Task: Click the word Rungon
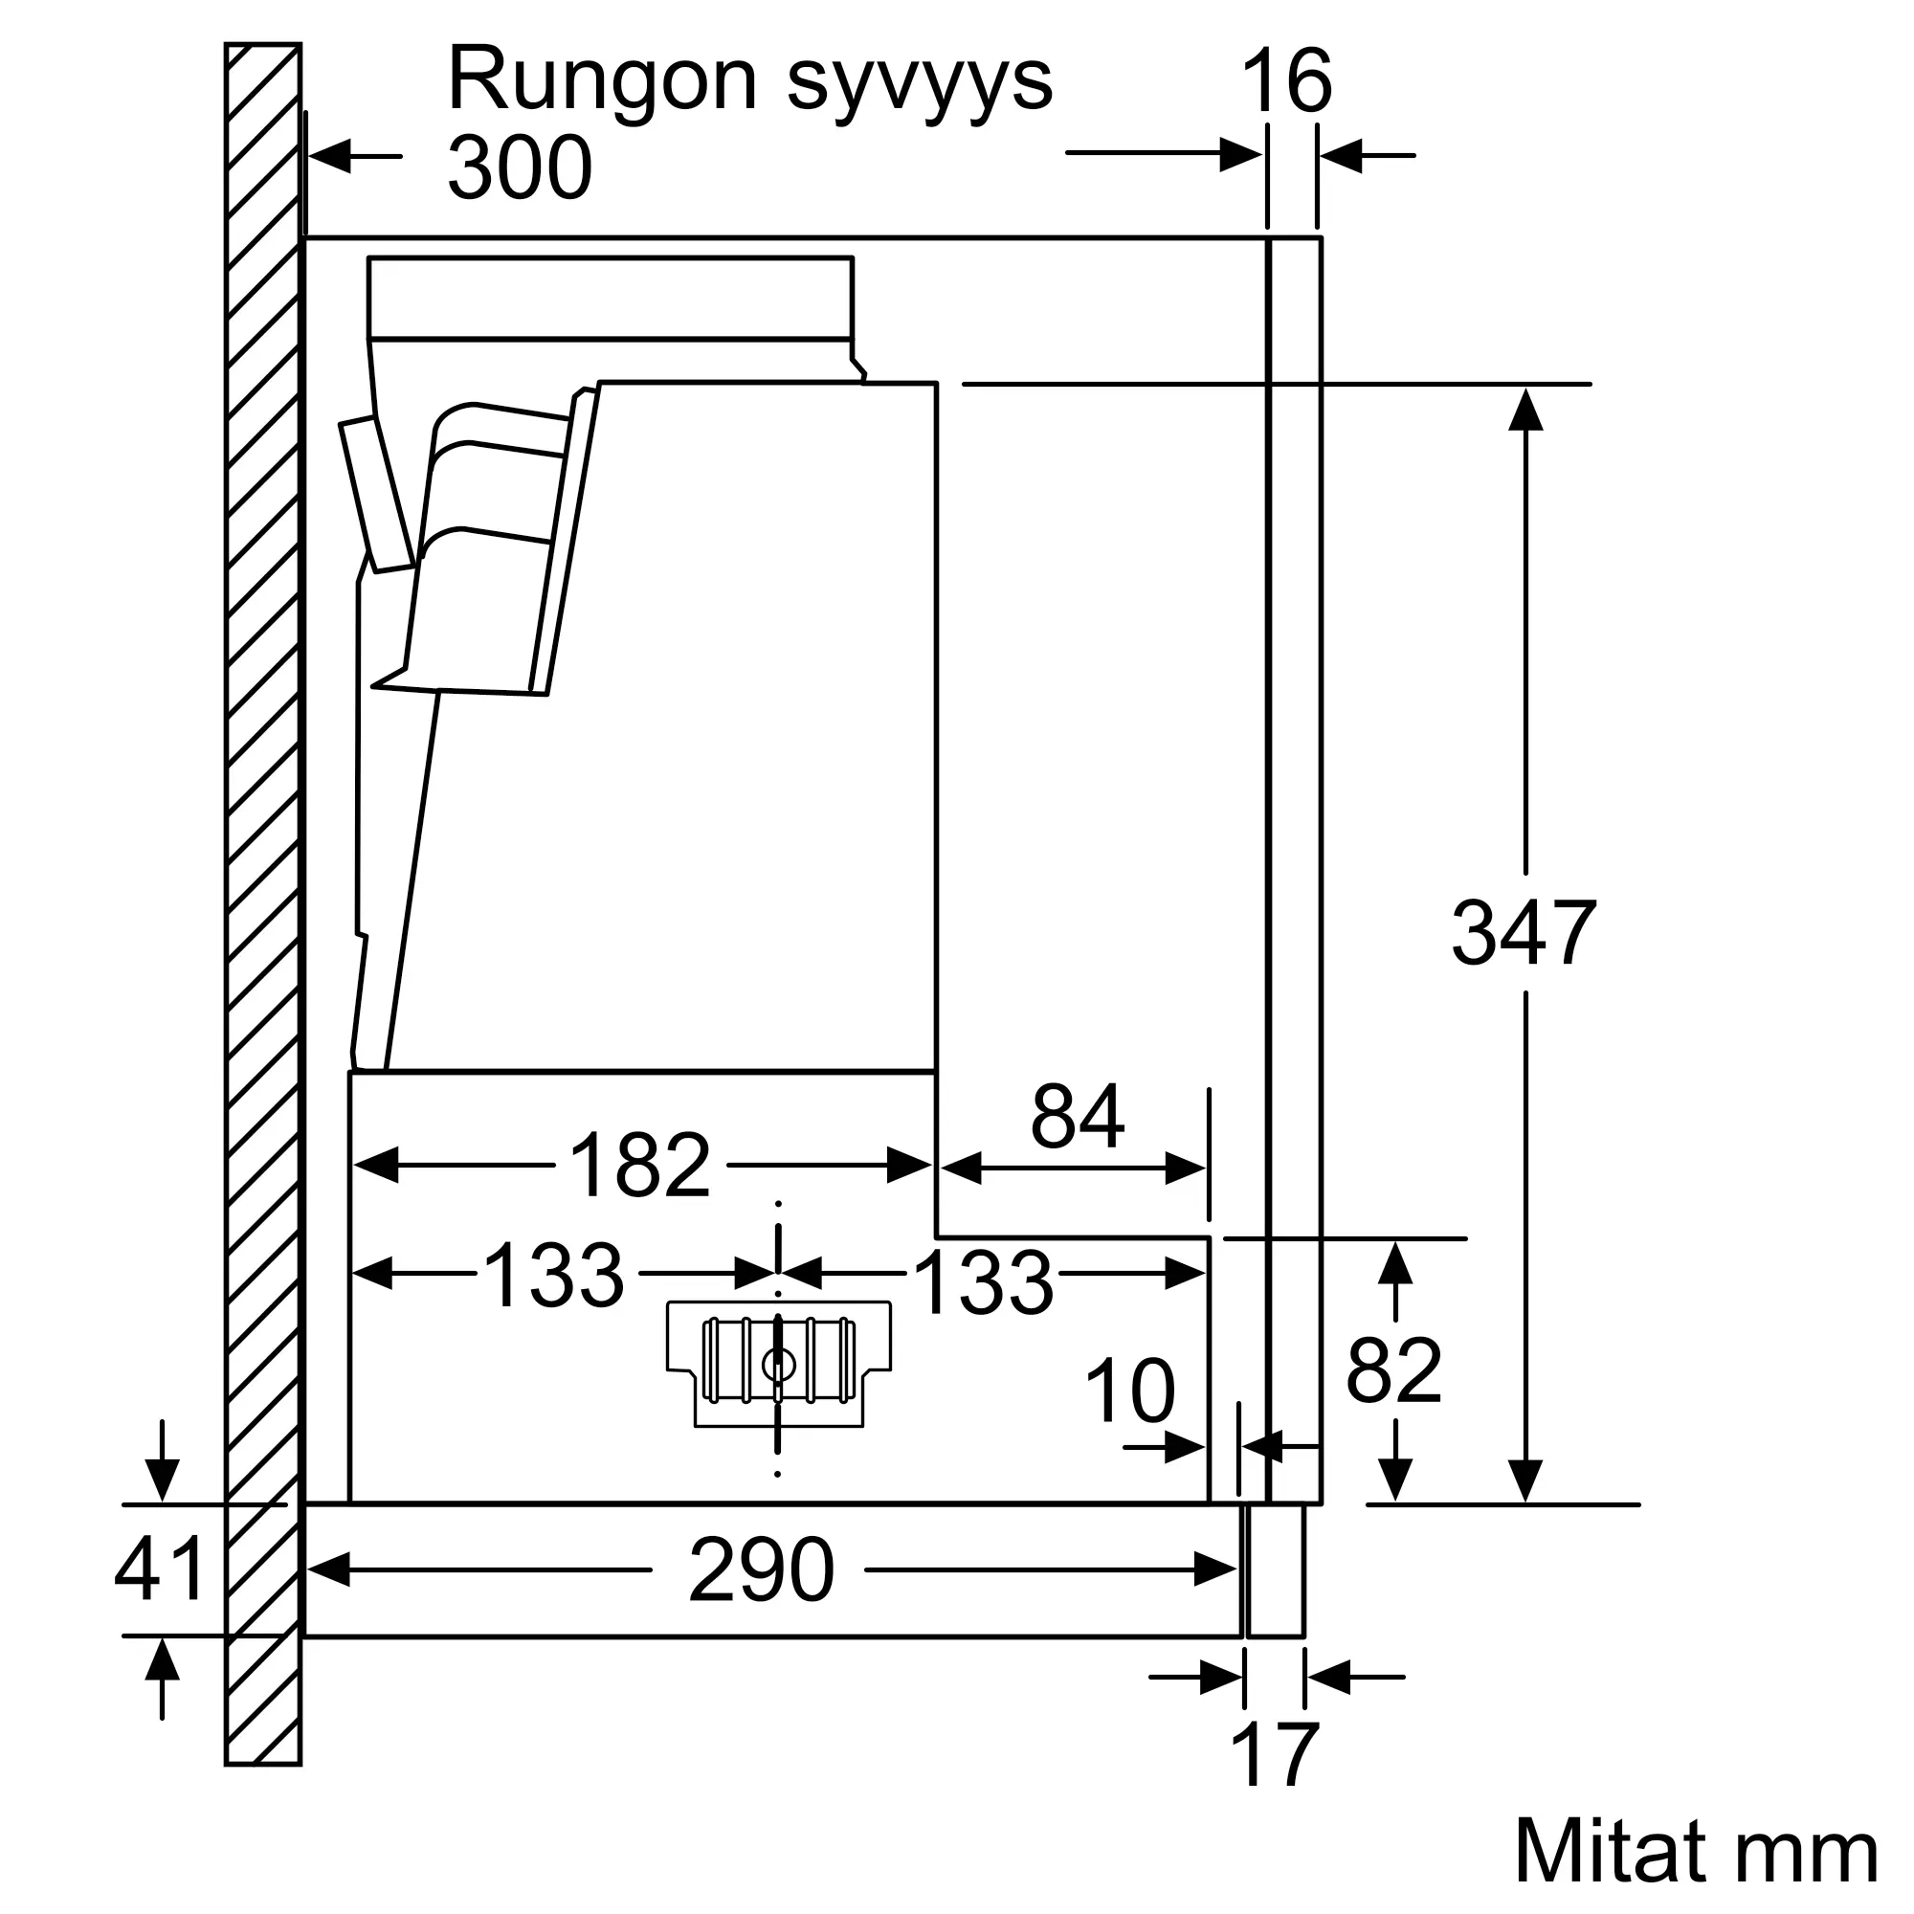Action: pyautogui.click(x=603, y=81)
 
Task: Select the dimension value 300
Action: pyautogui.click(x=520, y=167)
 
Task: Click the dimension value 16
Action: pyautogui.click(x=1287, y=81)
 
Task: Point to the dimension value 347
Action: pyautogui.click(x=1524, y=932)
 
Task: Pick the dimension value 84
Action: pyautogui.click(x=1078, y=1117)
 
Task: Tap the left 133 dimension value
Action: pyautogui.click(x=554, y=1276)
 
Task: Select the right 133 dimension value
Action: pyautogui.click(x=984, y=1283)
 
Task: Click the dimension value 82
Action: pyautogui.click(x=1394, y=1370)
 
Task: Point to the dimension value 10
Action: pyautogui.click(x=1130, y=1391)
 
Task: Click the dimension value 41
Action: pyautogui.click(x=160, y=1569)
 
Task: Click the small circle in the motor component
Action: pyautogui.click(x=779, y=1367)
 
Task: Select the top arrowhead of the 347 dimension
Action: pyautogui.click(x=1525, y=409)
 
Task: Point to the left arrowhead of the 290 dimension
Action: pyautogui.click(x=329, y=1569)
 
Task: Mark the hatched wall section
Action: pyautogui.click(x=262, y=904)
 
